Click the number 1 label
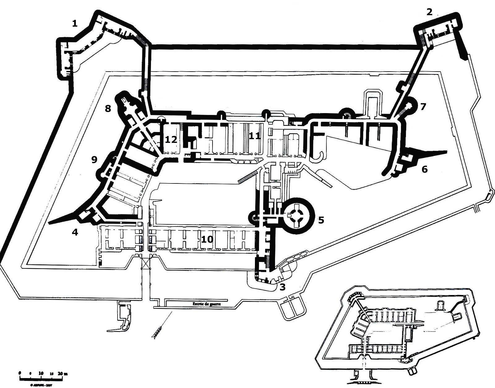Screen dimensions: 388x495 click(x=74, y=24)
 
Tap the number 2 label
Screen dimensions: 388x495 click(x=429, y=12)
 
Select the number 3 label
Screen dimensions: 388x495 click(x=282, y=287)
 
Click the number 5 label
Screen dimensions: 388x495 click(x=321, y=220)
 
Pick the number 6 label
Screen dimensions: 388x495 click(x=424, y=169)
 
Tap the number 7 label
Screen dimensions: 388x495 click(x=423, y=107)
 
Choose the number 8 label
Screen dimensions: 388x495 click(x=108, y=109)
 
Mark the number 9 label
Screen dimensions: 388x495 click(x=94, y=160)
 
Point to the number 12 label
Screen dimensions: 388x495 click(x=171, y=139)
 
